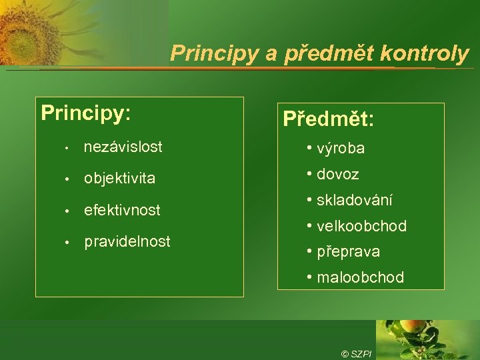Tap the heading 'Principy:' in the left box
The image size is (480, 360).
(85, 113)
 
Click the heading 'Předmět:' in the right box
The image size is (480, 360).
(328, 120)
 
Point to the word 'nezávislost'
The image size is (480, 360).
(123, 146)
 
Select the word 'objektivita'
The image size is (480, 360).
(119, 178)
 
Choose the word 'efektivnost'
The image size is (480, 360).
(122, 210)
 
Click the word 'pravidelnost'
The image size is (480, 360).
(127, 241)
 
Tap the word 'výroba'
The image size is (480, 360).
(341, 149)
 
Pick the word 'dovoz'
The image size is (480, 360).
(338, 174)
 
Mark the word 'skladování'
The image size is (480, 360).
(355, 200)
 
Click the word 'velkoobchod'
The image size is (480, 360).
(361, 226)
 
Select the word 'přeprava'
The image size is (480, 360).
(349, 251)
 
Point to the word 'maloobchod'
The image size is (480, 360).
(360, 277)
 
